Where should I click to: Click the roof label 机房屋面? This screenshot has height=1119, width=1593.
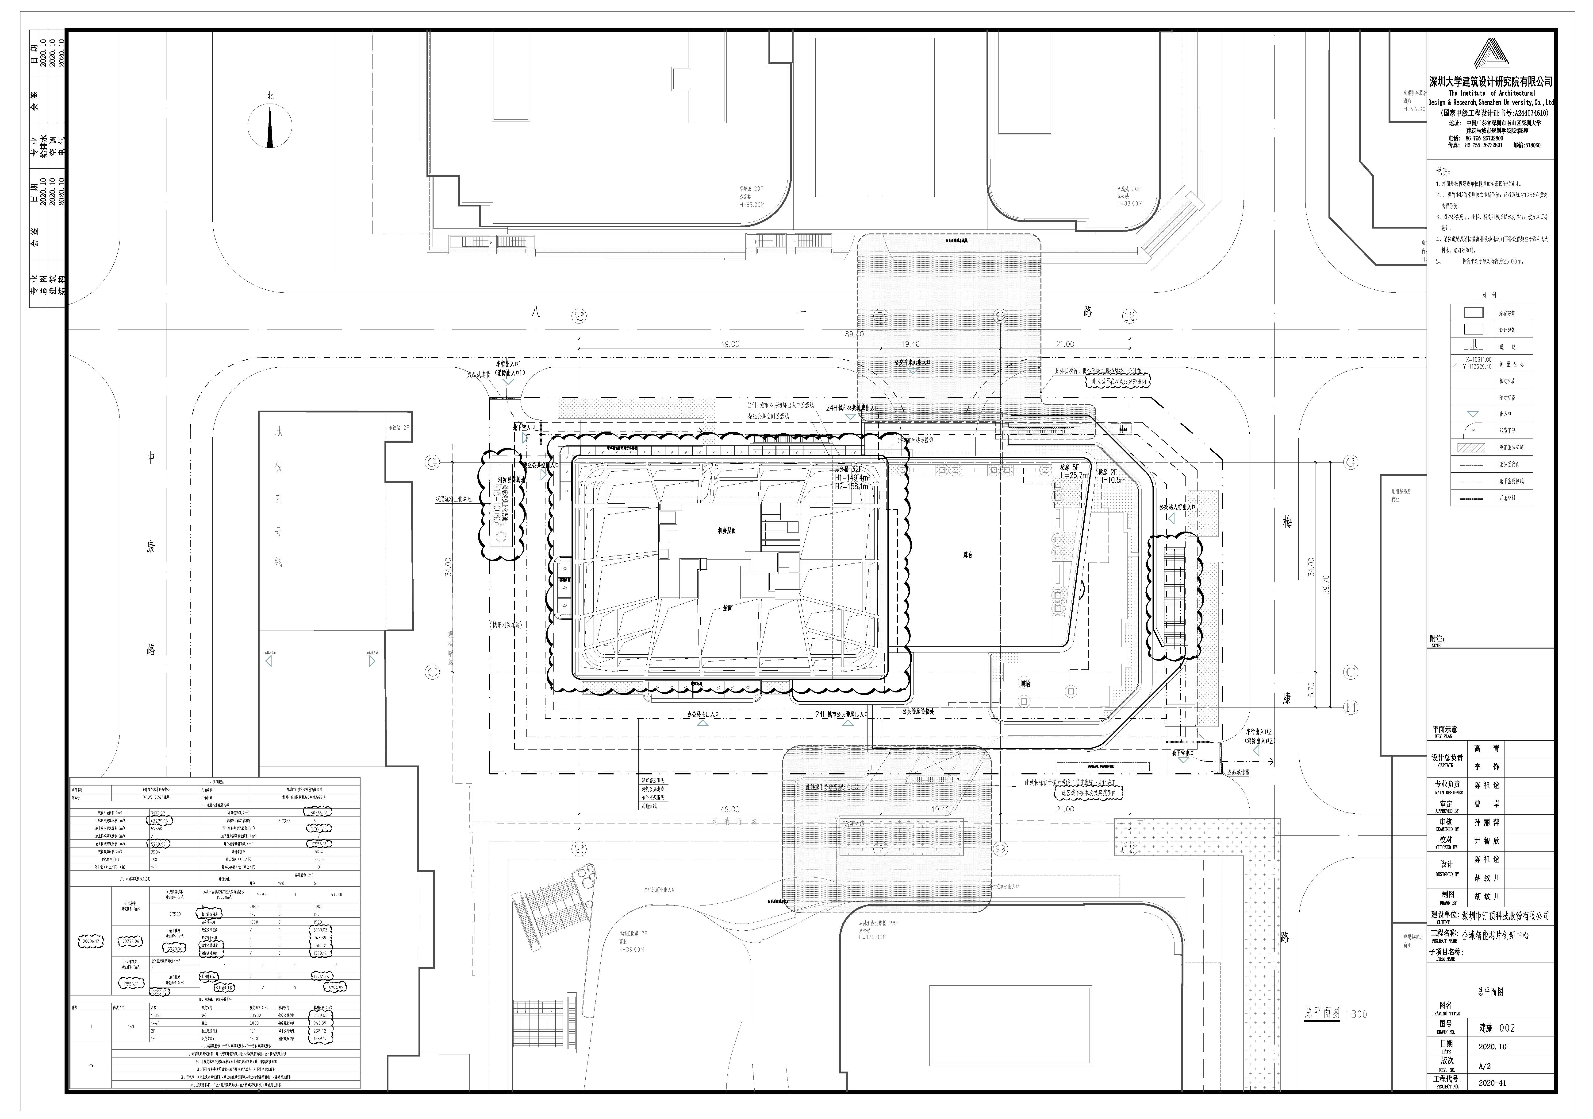point(726,530)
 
